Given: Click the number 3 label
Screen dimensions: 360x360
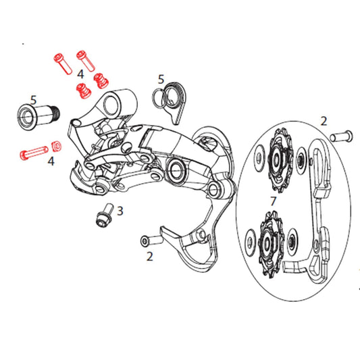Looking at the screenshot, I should pyautogui.click(x=120, y=211).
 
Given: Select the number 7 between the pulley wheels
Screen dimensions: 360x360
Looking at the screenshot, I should pyautogui.click(x=273, y=202).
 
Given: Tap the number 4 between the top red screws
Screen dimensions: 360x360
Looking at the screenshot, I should pyautogui.click(x=80, y=73).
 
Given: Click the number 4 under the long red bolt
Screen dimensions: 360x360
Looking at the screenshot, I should pyautogui.click(x=51, y=161).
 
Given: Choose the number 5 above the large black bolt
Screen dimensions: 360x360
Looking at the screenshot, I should pyautogui.click(x=33, y=99).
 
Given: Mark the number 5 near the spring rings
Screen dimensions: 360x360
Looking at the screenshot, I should pyautogui.click(x=161, y=79).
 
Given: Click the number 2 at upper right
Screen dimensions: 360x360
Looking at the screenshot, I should pyautogui.click(x=324, y=122).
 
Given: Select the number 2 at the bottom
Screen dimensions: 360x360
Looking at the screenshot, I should pyautogui.click(x=150, y=256).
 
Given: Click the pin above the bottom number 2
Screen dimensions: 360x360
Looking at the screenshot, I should pyautogui.click(x=151, y=240).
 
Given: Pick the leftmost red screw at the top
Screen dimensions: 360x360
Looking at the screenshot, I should pyautogui.click(x=62, y=65).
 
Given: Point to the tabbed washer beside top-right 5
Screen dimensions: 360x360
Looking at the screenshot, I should pyautogui.click(x=177, y=101).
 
